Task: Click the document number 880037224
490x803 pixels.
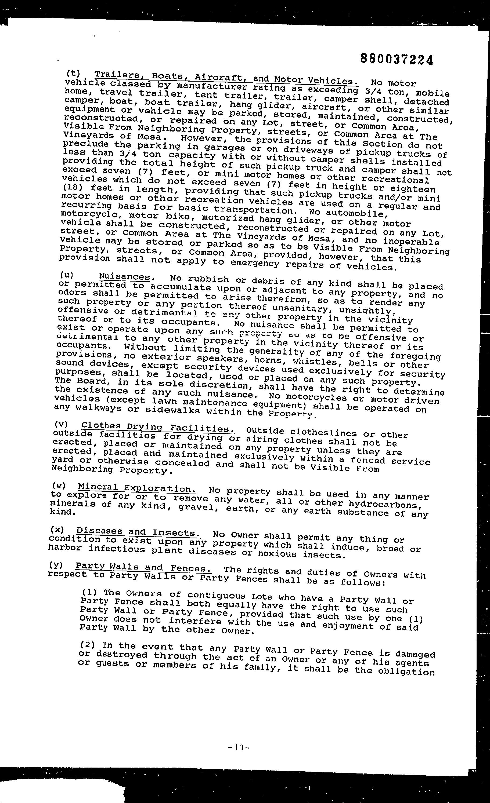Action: click(x=397, y=59)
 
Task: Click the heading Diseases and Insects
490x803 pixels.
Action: click(x=138, y=532)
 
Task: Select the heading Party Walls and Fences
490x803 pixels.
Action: click(x=143, y=568)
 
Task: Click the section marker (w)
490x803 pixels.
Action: click(x=59, y=486)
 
